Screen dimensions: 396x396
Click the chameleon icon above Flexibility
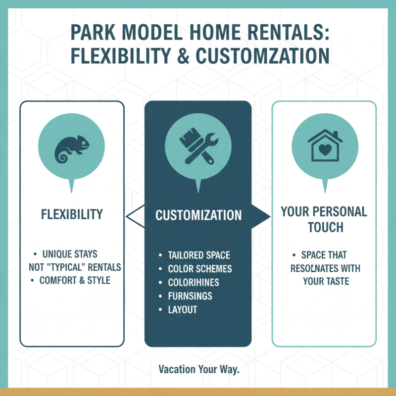pyautogui.click(x=72, y=147)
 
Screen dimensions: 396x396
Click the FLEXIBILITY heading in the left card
pyautogui.click(x=72, y=214)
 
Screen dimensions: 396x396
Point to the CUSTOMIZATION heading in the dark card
pyautogui.click(x=198, y=215)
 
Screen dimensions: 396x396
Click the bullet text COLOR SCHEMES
pyautogui.click(x=200, y=269)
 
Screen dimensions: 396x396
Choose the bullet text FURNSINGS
pyautogui.click(x=190, y=296)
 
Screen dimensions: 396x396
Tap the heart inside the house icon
pyautogui.click(x=325, y=149)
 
